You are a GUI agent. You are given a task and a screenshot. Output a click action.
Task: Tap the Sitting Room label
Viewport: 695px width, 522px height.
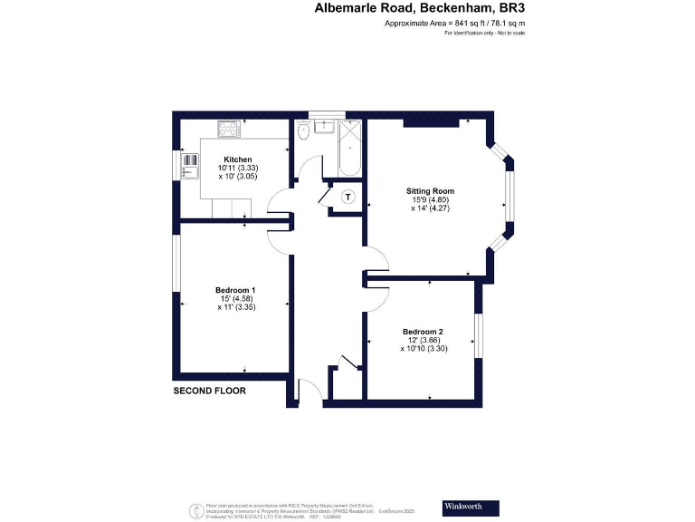[x=429, y=191]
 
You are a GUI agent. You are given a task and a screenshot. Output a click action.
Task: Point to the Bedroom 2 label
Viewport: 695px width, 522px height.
[x=424, y=331]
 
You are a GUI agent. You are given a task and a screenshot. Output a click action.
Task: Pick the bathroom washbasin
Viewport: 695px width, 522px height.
[x=326, y=130]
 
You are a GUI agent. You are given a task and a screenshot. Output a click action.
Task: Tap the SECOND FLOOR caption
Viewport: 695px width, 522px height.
[x=209, y=391]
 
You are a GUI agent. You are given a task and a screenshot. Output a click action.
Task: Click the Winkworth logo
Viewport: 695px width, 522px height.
[x=471, y=507]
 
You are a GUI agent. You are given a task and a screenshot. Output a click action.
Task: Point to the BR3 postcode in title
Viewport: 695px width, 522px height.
[x=510, y=8]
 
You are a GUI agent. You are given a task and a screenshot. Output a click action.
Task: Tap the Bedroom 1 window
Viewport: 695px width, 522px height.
[x=177, y=266]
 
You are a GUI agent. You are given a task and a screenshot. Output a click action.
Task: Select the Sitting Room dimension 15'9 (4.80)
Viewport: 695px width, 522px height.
[x=429, y=200]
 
